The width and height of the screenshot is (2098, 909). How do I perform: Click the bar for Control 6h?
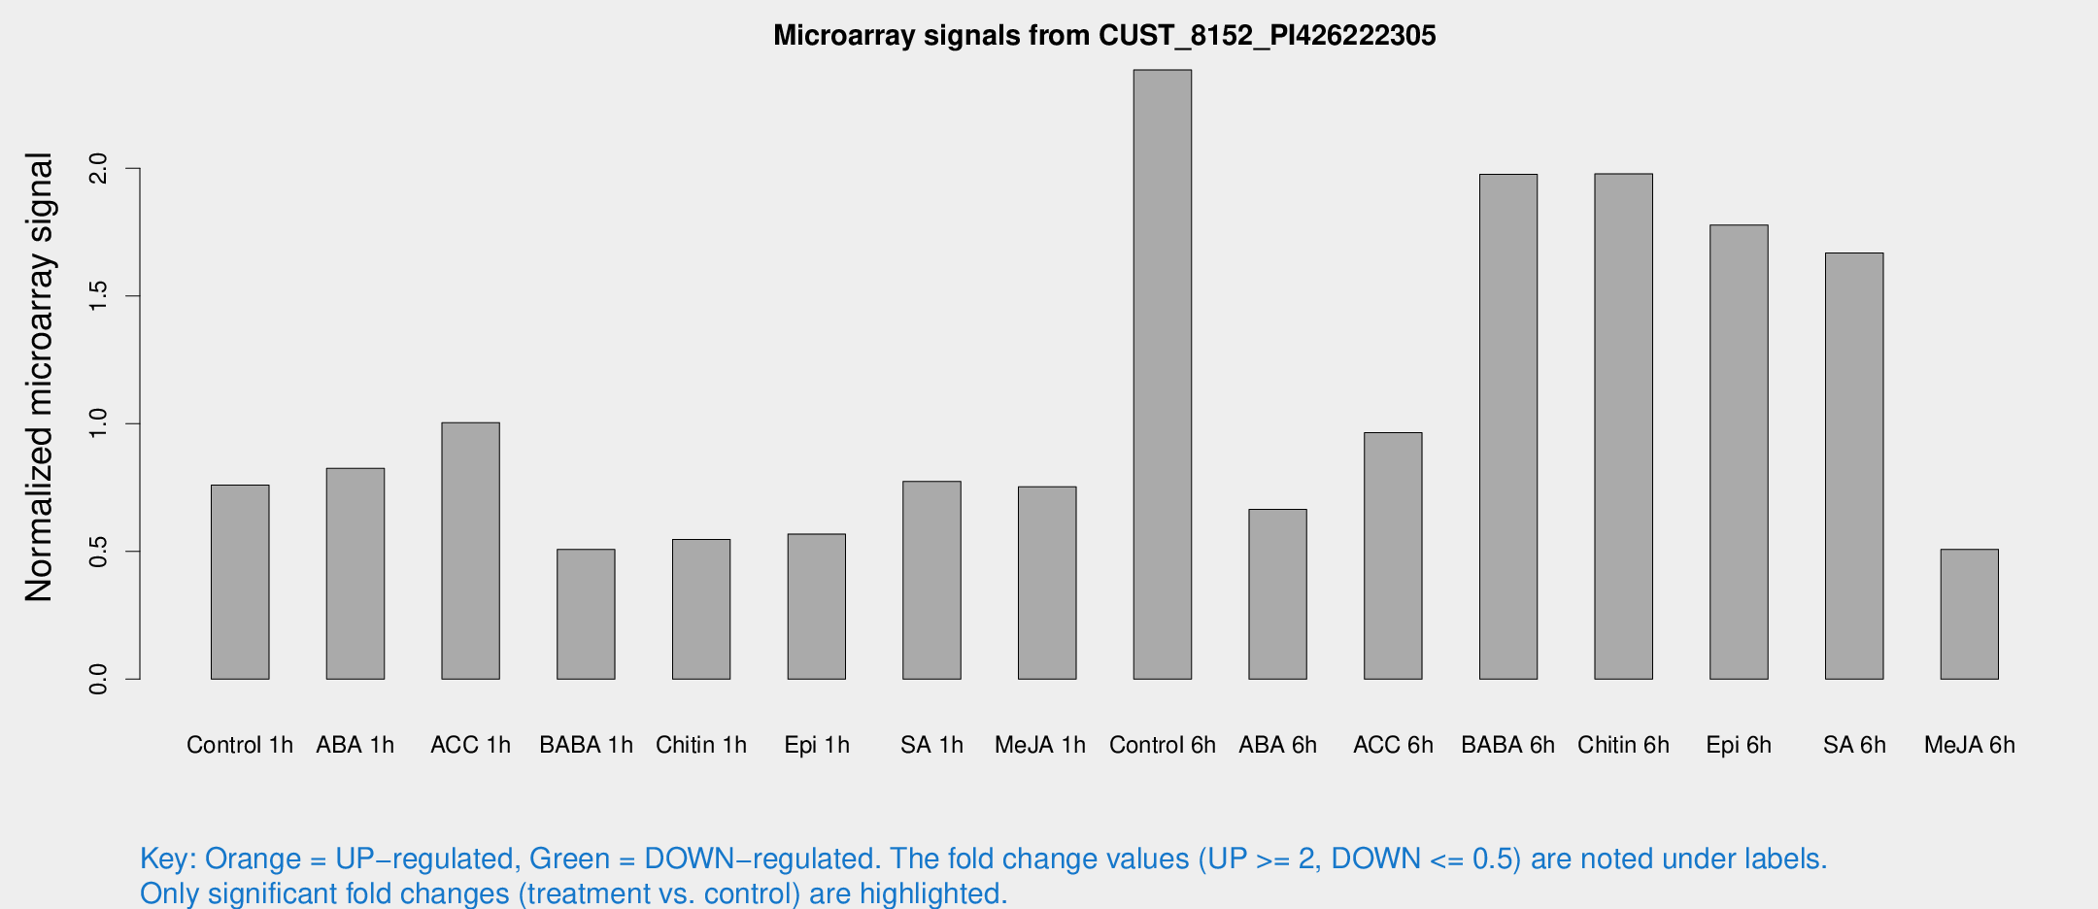click(1162, 374)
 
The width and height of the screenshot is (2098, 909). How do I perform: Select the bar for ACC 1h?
click(470, 551)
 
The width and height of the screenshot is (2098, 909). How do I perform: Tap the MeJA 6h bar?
click(1969, 614)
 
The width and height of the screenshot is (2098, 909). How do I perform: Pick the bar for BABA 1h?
click(586, 614)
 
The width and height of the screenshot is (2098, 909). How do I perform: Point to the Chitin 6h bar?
click(1623, 426)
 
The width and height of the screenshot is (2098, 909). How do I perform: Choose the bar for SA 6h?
click(1854, 466)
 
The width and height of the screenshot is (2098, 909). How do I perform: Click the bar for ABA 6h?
click(1277, 593)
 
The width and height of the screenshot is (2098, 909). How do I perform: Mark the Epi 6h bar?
click(1739, 452)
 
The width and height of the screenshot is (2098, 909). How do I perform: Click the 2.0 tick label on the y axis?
click(98, 169)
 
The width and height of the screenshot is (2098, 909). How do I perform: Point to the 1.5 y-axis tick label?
click(98, 296)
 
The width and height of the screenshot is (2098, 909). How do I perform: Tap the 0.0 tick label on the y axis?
click(98, 679)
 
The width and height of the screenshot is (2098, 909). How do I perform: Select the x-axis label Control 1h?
click(240, 745)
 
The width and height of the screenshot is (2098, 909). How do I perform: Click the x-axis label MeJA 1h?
click(1040, 745)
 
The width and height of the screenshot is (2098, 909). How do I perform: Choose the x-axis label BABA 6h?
click(1507, 745)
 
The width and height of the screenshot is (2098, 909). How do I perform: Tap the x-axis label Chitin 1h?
click(701, 745)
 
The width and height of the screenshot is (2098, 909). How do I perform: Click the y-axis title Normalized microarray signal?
click(39, 377)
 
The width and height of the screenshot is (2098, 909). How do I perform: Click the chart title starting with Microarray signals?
click(1104, 36)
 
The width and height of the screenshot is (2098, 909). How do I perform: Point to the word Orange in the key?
click(253, 858)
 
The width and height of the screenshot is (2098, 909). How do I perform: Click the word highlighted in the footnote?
click(932, 892)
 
